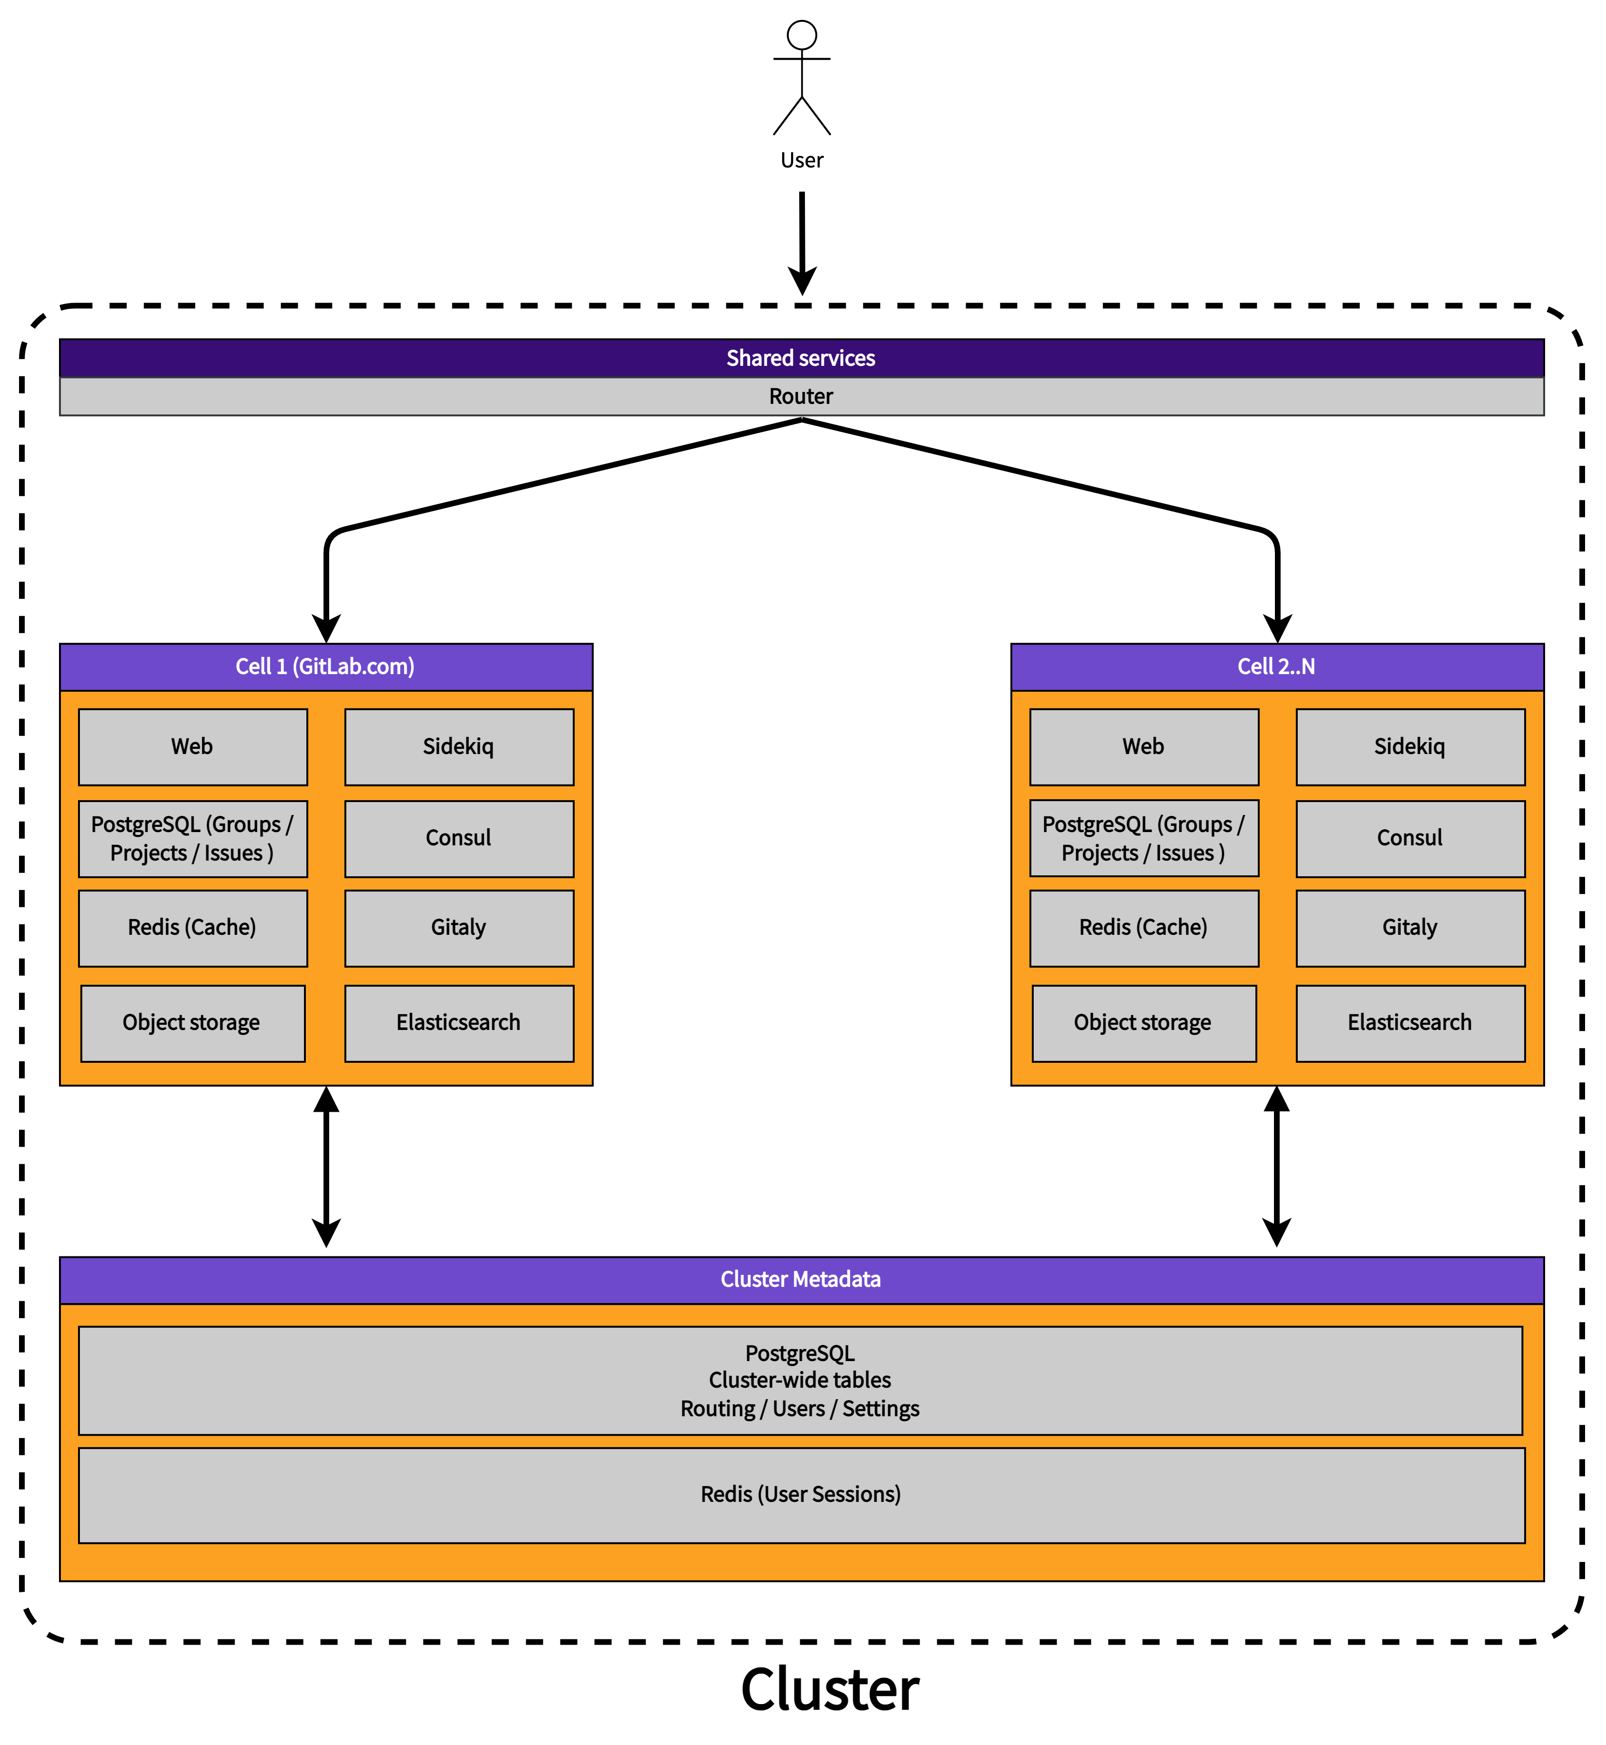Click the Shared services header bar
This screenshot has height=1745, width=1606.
coord(801,358)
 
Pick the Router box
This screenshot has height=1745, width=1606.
coord(801,396)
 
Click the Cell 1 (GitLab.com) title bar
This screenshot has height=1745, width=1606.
coord(326,667)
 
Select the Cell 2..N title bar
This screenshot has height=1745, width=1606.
coord(1277,667)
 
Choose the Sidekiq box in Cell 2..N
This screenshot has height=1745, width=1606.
coord(1410,746)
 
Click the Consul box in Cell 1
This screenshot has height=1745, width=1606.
coord(459,838)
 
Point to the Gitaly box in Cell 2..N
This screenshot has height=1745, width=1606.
coord(1410,927)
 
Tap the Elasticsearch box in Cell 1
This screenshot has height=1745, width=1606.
coord(459,1023)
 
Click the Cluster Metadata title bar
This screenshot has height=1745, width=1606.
coord(801,1279)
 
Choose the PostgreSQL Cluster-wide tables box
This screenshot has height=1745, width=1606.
coord(801,1380)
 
